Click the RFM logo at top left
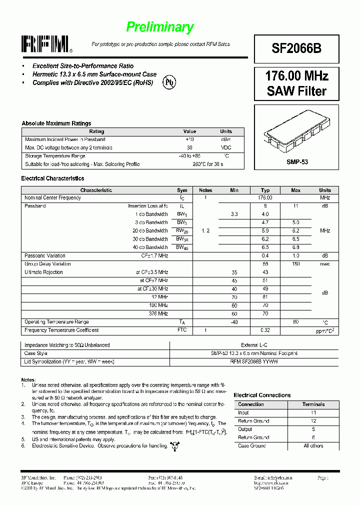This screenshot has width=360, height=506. coord(46,44)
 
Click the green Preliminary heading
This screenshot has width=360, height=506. coord(159,27)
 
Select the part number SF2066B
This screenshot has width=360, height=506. coord(296,48)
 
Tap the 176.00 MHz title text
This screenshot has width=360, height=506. coord(296,76)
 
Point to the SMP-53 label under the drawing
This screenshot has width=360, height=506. coord(296,162)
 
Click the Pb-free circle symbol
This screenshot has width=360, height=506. coord(170,83)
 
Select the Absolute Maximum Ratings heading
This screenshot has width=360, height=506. coord(56,123)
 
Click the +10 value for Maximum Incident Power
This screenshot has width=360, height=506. coord(189,139)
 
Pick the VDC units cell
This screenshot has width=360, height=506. coord(226,148)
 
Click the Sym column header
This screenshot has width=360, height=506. coord(182,190)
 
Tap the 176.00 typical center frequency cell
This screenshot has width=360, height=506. coord(265,198)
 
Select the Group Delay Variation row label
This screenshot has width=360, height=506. coord(47,264)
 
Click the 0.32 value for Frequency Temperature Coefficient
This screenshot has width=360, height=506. coord(265,330)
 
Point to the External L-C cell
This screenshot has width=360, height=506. coord(254,345)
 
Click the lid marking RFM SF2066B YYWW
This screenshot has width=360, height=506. coord(254,361)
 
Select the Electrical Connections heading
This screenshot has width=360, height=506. coord(262,395)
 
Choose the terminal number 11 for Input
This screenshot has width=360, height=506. coord(313,413)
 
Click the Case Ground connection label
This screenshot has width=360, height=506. coord(252,445)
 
